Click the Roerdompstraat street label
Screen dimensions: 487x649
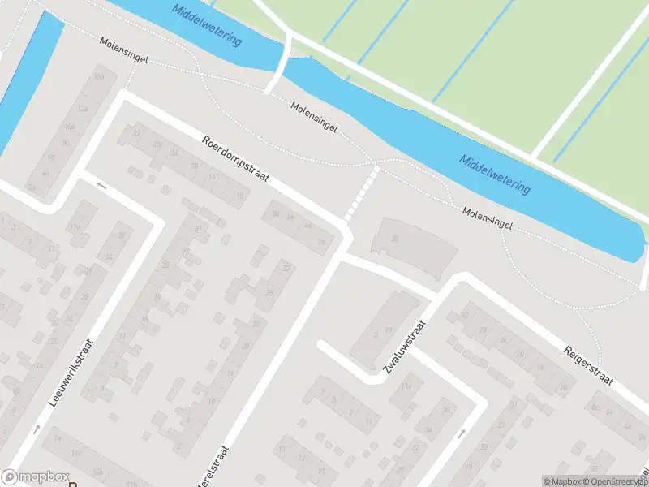[x=234, y=159]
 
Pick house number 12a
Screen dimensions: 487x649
[x=82, y=108]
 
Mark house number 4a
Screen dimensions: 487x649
[x=46, y=172]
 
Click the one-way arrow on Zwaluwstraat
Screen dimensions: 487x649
[x=461, y=433]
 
